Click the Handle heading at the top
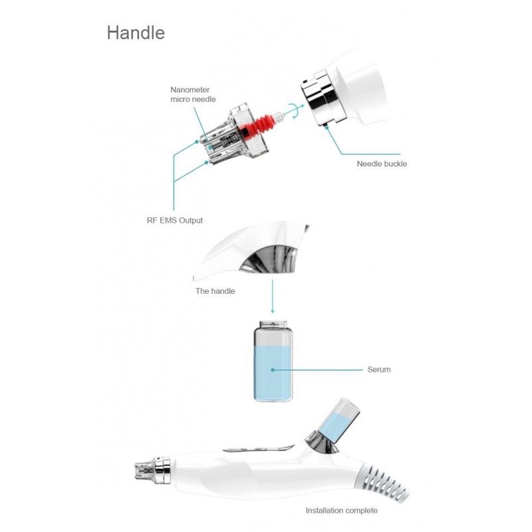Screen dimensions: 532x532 [136, 33]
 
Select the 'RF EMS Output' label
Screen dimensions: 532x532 [175, 220]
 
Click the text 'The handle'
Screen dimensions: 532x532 [215, 291]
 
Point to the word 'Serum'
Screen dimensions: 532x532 [379, 370]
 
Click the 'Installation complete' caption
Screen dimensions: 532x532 [341, 511]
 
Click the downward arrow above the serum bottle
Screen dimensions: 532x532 [272, 306]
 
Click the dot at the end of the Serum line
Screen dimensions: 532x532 [272, 370]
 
